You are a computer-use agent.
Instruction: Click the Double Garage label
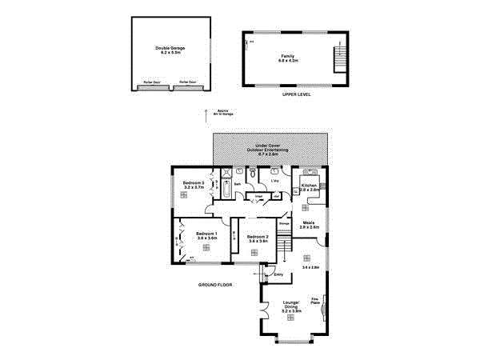tap(170, 50)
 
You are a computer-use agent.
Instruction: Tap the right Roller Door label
tap(188, 82)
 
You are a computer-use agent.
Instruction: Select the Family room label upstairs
tap(288, 58)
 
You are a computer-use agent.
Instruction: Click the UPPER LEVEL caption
tap(296, 94)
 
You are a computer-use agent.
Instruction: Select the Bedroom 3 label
tap(194, 186)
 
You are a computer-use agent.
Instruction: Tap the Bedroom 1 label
tap(206, 235)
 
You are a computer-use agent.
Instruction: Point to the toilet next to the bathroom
tap(253, 174)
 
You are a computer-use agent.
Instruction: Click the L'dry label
tap(274, 181)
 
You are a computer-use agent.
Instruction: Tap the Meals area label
tap(309, 225)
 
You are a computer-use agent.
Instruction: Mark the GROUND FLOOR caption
tap(215, 284)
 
